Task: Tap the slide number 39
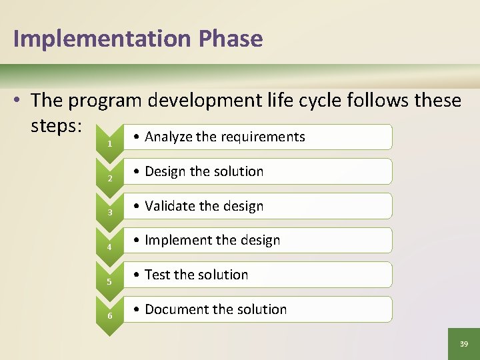tap(464, 344)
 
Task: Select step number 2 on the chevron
tap(109, 179)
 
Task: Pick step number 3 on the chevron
tap(109, 213)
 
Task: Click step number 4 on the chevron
tap(109, 247)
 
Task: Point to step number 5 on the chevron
tap(109, 282)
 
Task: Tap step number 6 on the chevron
tap(109, 316)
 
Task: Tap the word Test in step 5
tap(157, 275)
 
